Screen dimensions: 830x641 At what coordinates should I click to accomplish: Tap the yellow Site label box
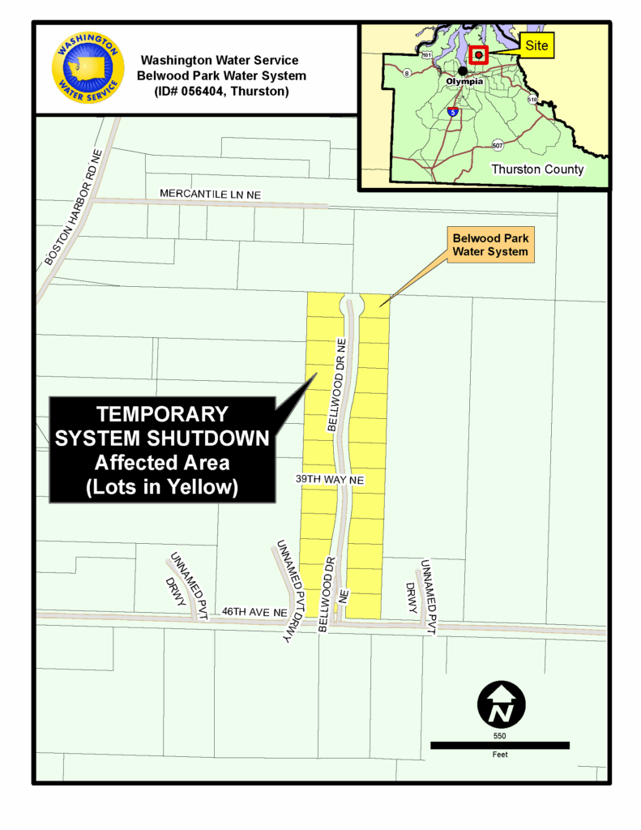[536, 45]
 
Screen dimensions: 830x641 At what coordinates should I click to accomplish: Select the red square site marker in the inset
[479, 55]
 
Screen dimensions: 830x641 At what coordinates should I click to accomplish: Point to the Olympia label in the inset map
[464, 82]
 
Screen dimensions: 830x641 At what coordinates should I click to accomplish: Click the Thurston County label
[537, 169]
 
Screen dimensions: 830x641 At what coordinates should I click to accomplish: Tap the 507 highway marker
[498, 145]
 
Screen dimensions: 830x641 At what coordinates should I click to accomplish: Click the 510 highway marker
[532, 100]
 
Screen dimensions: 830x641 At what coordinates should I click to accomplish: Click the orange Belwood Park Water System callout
[489, 245]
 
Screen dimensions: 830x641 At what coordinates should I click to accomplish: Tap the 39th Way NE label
[330, 481]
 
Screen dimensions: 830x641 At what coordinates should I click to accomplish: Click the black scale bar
[499, 745]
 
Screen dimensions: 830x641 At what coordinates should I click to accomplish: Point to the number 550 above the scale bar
[499, 735]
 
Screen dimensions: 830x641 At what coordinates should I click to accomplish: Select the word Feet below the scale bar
[499, 755]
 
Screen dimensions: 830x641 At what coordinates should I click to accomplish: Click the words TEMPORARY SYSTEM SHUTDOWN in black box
[162, 426]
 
